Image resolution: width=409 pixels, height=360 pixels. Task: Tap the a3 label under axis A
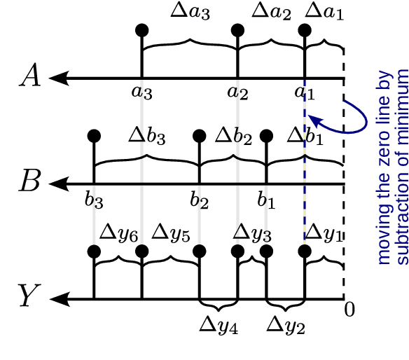click(142, 91)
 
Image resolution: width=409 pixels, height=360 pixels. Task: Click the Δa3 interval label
click(190, 13)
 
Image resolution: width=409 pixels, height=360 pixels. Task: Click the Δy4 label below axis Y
click(219, 326)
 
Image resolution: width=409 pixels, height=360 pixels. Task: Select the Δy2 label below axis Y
click(286, 326)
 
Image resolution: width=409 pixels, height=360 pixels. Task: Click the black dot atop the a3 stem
click(142, 30)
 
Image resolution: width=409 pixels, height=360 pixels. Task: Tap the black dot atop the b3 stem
click(93, 136)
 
